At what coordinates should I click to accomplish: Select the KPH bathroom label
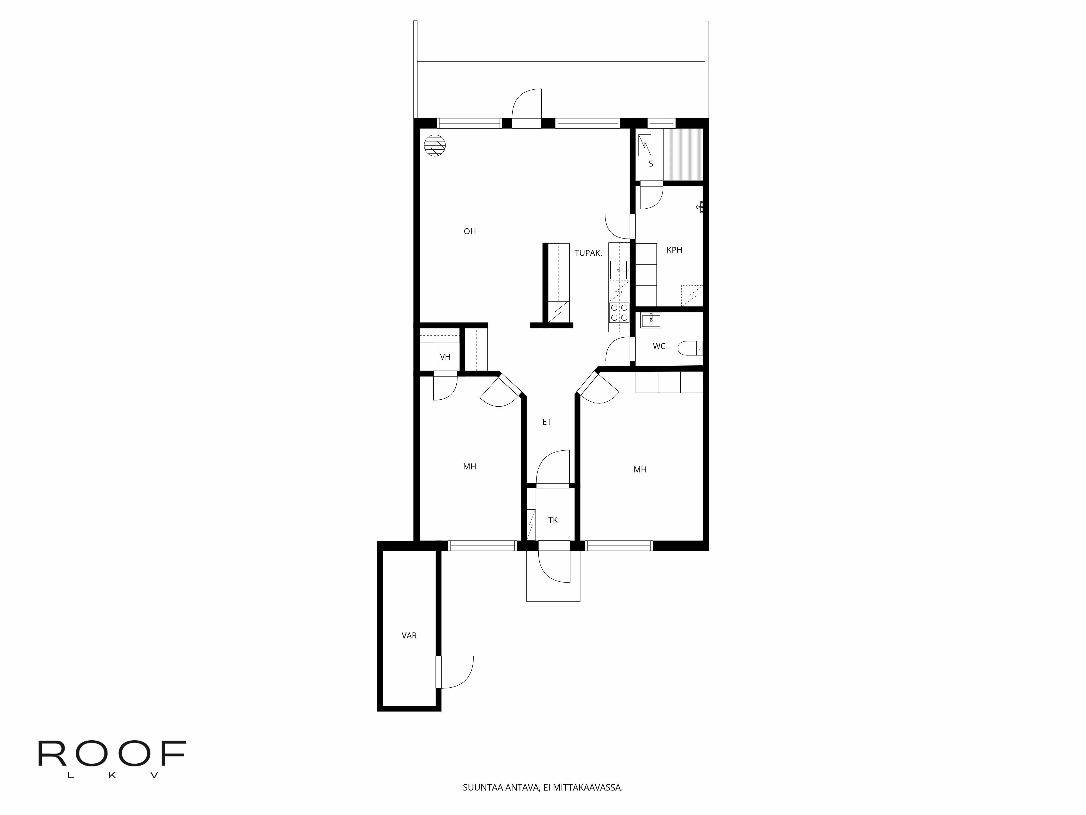[x=674, y=250]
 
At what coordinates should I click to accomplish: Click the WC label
[x=659, y=346]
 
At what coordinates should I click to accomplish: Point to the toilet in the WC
[x=690, y=348]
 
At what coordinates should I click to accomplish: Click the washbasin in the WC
[x=651, y=320]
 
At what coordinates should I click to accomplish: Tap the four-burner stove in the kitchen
[x=618, y=312]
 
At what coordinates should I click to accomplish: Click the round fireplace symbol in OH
[x=435, y=145]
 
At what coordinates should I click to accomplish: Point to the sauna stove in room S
[x=644, y=145]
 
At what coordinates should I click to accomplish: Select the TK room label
[x=553, y=520]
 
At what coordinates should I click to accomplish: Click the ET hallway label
[x=547, y=422]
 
